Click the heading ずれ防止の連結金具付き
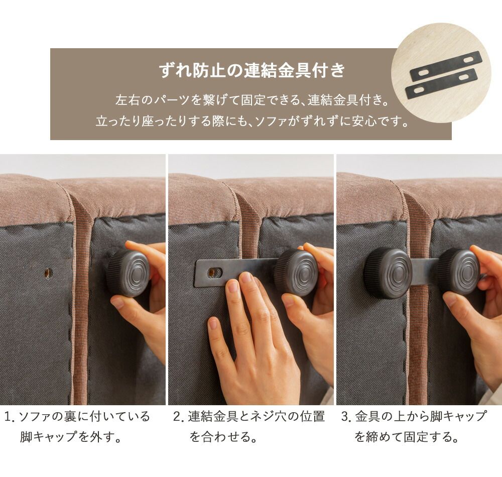tap(252, 71)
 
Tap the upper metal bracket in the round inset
tap(446, 66)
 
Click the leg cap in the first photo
tap(128, 273)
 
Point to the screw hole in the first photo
tap(48, 273)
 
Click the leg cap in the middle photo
tap(296, 273)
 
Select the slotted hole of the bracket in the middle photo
tap(214, 273)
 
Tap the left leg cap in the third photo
tap(388, 273)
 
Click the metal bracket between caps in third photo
tap(424, 272)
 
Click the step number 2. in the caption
tap(179, 417)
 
